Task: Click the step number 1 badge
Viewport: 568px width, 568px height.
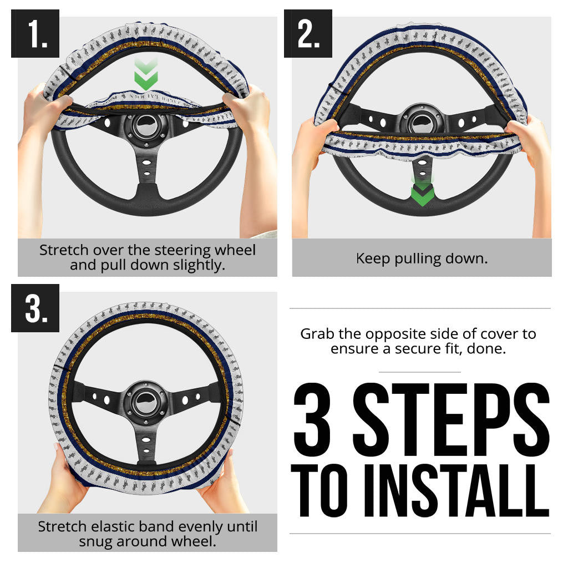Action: coord(35,34)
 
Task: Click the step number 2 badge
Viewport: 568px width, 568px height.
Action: coord(308,34)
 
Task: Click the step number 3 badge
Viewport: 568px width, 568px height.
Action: coord(35,308)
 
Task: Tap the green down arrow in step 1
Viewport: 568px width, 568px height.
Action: coord(146,74)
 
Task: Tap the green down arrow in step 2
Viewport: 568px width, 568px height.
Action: coord(422,192)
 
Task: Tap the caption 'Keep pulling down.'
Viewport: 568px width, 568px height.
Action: coord(422,258)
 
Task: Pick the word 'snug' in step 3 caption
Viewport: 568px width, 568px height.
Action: coord(95,541)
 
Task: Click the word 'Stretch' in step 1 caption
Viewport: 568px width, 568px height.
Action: coord(63,250)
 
